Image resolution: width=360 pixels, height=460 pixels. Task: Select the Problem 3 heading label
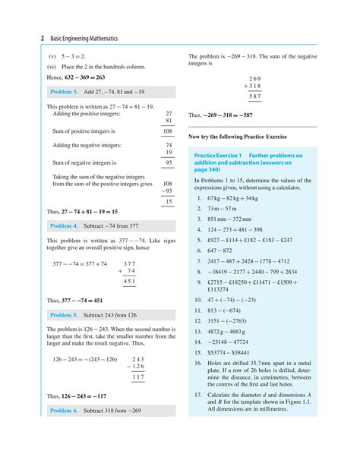point(65,91)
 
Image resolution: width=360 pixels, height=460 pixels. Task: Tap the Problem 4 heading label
point(65,225)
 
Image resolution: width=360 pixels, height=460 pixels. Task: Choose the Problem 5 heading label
point(65,314)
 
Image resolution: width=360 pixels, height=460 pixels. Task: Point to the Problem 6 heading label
point(65,410)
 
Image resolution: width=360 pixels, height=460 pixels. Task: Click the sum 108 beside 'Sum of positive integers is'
point(167,131)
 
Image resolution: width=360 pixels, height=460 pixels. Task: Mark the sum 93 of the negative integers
point(168,162)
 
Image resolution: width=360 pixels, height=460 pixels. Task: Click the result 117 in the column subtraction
point(137,377)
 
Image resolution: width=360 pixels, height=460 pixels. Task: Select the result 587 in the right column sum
point(254,97)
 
